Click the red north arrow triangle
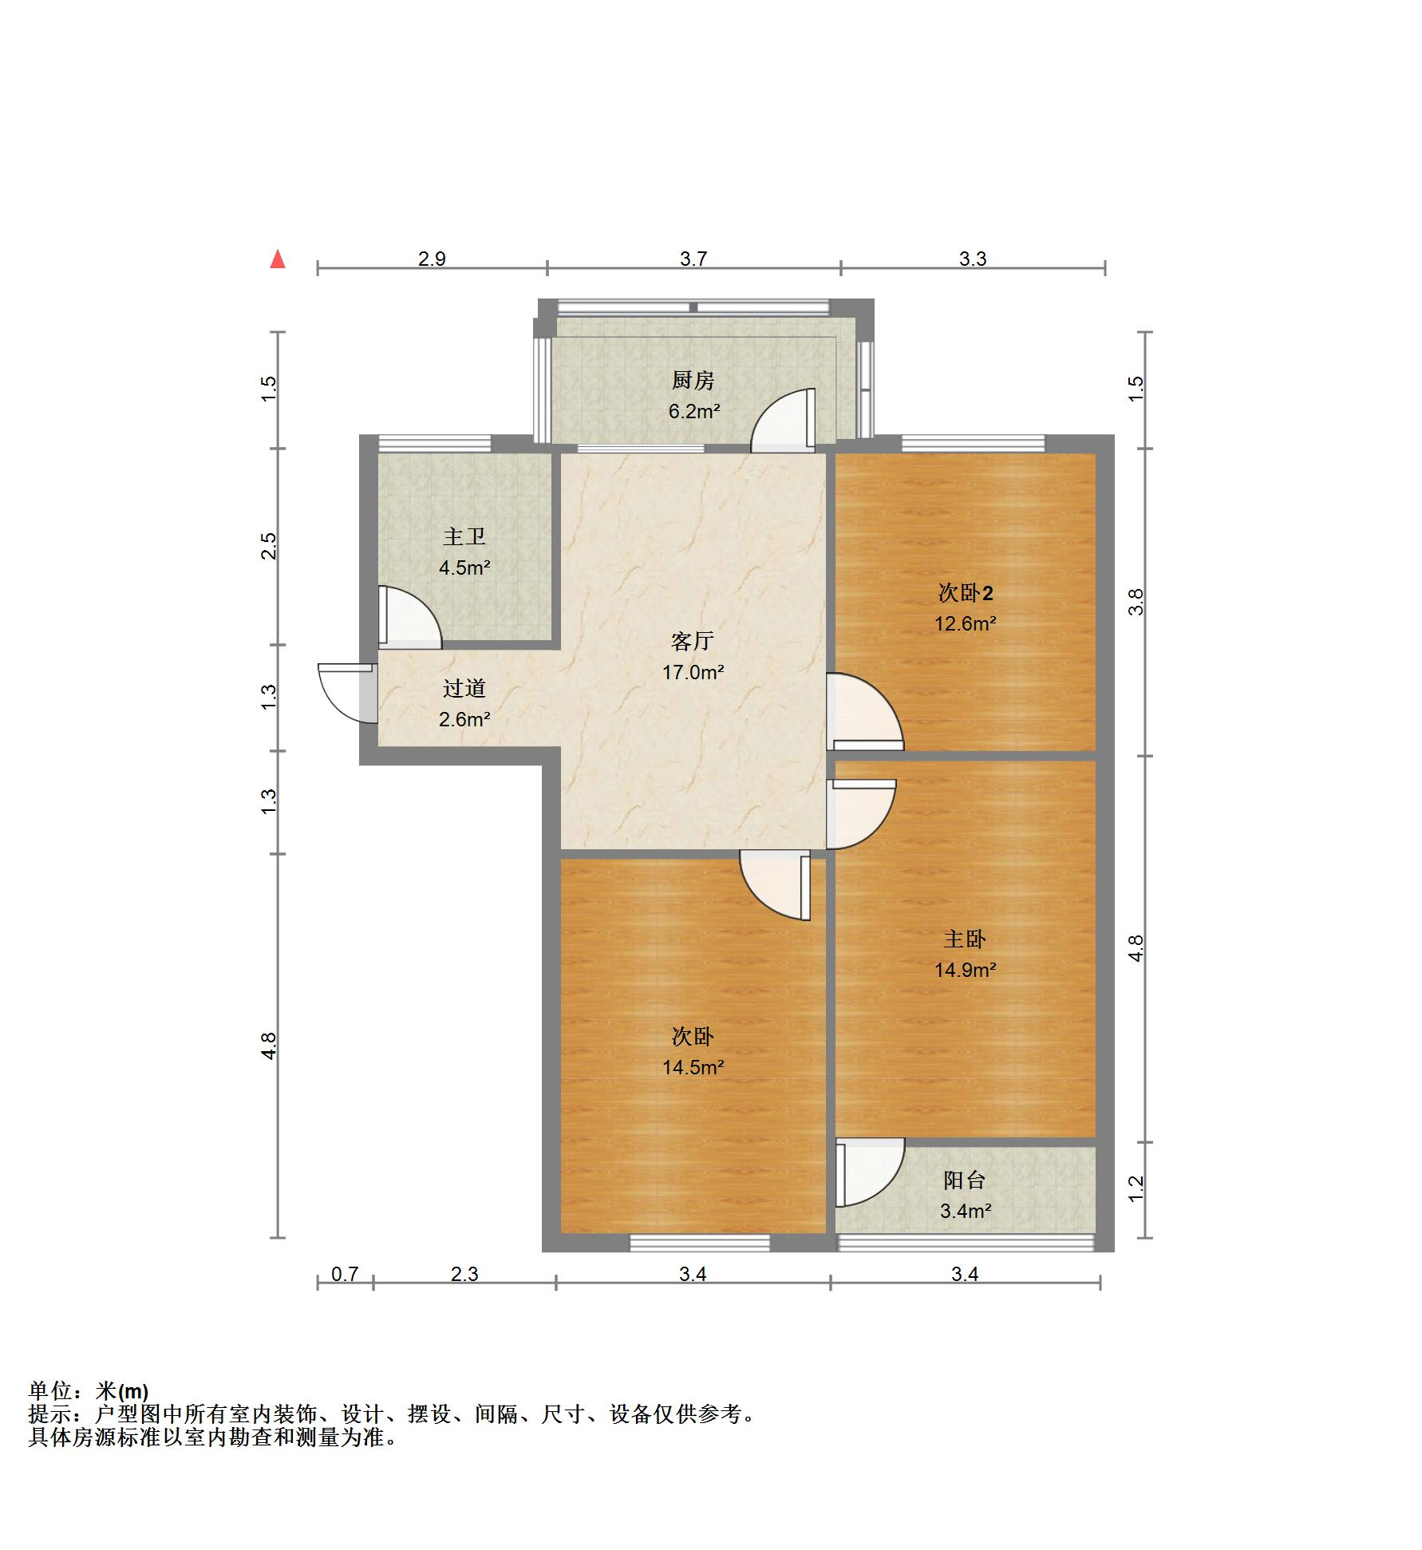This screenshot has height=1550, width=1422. [x=278, y=259]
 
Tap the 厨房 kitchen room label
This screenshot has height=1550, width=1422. [x=693, y=381]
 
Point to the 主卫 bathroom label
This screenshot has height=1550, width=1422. [x=464, y=536]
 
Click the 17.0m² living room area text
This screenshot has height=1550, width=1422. [x=693, y=672]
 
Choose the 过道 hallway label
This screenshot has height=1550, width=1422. [x=464, y=688]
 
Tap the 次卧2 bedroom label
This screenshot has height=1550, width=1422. [x=965, y=593]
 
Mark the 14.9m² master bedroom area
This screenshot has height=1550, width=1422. [x=965, y=970]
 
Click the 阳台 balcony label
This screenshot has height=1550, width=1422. [x=965, y=1180]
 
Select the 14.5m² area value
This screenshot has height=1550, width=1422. [x=693, y=1067]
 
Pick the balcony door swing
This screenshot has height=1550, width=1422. [x=868, y=1173]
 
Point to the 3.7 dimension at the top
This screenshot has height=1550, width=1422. [x=693, y=259]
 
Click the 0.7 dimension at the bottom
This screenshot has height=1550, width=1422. [x=345, y=1275]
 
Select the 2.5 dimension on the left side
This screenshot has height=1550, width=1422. [x=270, y=546]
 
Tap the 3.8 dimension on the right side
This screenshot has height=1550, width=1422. [x=1136, y=602]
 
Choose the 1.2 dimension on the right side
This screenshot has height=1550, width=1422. [x=1136, y=1188]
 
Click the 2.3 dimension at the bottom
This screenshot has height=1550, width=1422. [x=464, y=1275]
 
